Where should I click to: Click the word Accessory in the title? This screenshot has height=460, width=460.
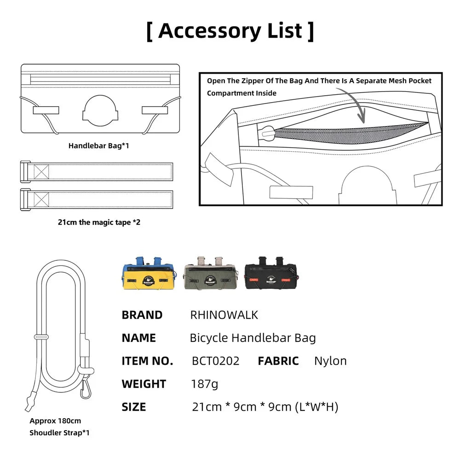click(x=209, y=31)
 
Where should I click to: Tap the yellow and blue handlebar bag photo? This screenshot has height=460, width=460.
click(x=149, y=273)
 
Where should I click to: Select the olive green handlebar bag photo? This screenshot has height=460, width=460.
click(x=211, y=273)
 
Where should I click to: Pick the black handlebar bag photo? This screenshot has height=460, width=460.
click(x=272, y=273)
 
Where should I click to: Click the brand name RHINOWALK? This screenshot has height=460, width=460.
click(x=224, y=315)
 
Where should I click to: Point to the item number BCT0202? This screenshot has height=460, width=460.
click(x=216, y=361)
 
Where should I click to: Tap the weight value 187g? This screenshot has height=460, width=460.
click(x=205, y=384)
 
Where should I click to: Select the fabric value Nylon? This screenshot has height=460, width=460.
click(x=330, y=361)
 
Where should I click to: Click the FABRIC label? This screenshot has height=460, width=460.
click(x=278, y=361)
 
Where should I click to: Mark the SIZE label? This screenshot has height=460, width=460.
click(x=134, y=407)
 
